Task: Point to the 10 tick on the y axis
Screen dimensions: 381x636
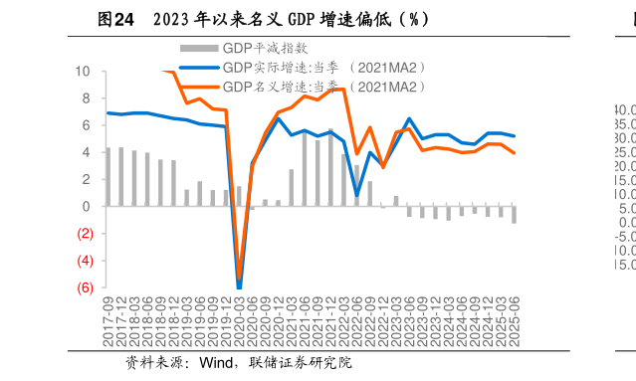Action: click(82, 72)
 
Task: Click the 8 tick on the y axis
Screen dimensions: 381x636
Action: click(86, 98)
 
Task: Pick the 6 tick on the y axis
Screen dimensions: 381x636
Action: click(86, 125)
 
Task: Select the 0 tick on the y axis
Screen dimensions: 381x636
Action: click(86, 207)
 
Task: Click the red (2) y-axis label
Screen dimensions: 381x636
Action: click(84, 234)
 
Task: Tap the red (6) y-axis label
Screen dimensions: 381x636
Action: click(84, 287)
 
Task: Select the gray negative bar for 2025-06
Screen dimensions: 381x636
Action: click(514, 215)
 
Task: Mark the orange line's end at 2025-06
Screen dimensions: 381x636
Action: click(514, 152)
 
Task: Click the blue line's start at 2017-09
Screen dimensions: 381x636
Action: click(107, 112)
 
